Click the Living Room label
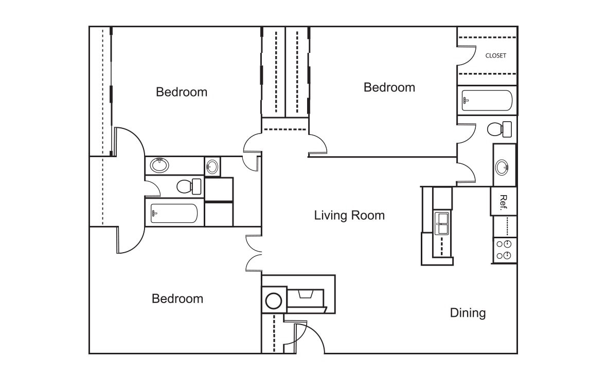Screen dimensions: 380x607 [x=349, y=215]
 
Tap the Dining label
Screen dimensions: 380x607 [x=468, y=313]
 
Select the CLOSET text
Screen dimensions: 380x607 [x=495, y=55]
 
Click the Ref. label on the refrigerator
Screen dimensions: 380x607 [x=504, y=201]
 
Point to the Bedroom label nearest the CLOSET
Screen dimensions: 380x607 [x=389, y=87]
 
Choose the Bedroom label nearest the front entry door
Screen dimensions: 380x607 [x=177, y=298]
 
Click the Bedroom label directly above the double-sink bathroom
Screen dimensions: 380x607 [x=182, y=92]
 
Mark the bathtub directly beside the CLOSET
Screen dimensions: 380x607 [x=487, y=101]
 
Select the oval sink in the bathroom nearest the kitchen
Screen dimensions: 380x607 [x=502, y=167]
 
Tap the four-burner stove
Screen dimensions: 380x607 [x=504, y=250]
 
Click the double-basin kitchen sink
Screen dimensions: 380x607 [x=442, y=223]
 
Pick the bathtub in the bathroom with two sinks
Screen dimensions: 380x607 [x=174, y=214]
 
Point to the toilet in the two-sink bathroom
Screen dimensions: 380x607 [x=188, y=186]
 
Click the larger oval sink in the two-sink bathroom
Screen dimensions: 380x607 [x=159, y=165]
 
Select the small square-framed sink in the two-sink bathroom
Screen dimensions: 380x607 [x=212, y=166]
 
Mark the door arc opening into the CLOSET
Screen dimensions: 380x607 [x=467, y=56]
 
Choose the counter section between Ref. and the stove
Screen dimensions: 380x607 [x=504, y=226]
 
